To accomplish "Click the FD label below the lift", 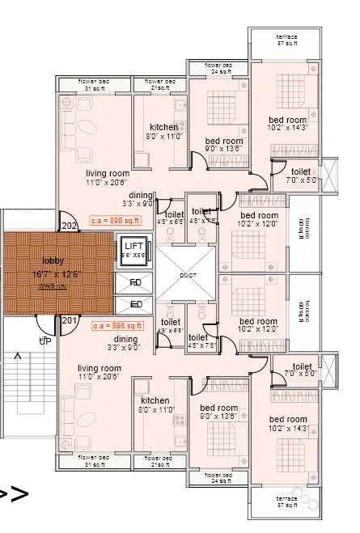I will (x=135, y=283).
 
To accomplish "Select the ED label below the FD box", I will (x=135, y=305).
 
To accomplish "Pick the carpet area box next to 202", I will (x=116, y=219).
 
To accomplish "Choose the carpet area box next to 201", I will (x=116, y=326).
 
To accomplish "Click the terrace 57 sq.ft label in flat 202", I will (x=286, y=40).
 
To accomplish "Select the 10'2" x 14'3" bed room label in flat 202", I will (x=289, y=122).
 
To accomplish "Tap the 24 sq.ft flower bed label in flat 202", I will (x=218, y=68).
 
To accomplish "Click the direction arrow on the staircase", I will (x=18, y=356).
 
